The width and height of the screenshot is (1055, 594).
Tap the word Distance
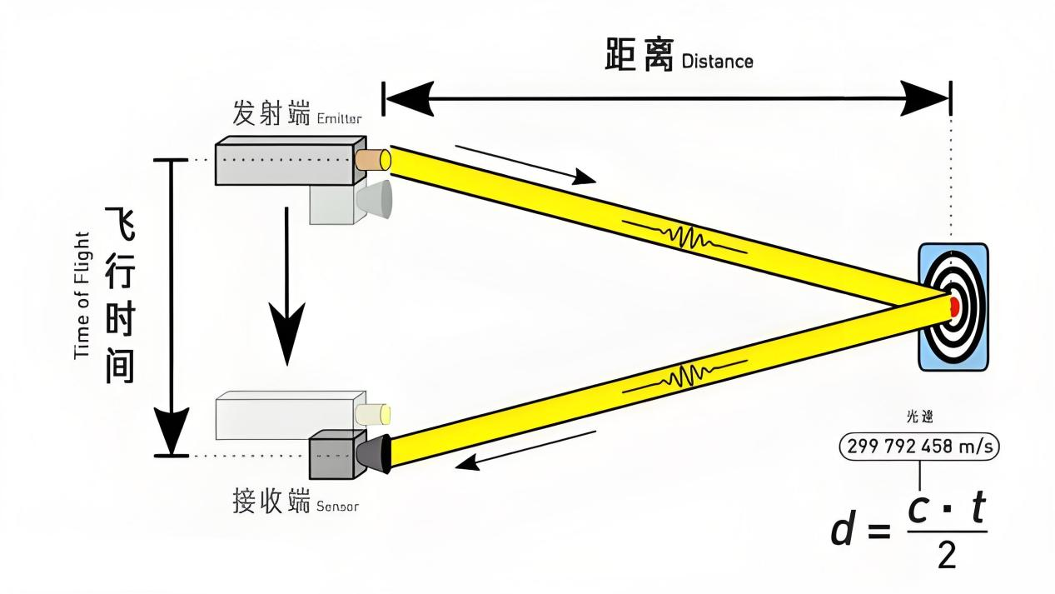pyautogui.click(x=717, y=62)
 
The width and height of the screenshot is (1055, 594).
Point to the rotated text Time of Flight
pyautogui.click(x=82, y=295)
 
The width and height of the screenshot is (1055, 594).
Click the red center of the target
pyautogui.click(x=954, y=307)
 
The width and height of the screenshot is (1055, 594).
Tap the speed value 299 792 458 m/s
pyautogui.click(x=919, y=447)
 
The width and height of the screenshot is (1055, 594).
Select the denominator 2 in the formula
pyautogui.click(x=947, y=554)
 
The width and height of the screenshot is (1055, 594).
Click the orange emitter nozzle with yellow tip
pyautogui.click(x=372, y=159)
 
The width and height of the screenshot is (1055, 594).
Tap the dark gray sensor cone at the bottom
pyautogui.click(x=374, y=452)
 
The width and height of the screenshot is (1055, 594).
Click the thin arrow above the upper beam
pyautogui.click(x=525, y=163)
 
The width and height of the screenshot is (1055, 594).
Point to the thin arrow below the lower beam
pyautogui.click(x=526, y=451)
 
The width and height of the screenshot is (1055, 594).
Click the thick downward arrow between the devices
pyautogui.click(x=286, y=287)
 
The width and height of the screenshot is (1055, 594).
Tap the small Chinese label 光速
pyautogui.click(x=919, y=417)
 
